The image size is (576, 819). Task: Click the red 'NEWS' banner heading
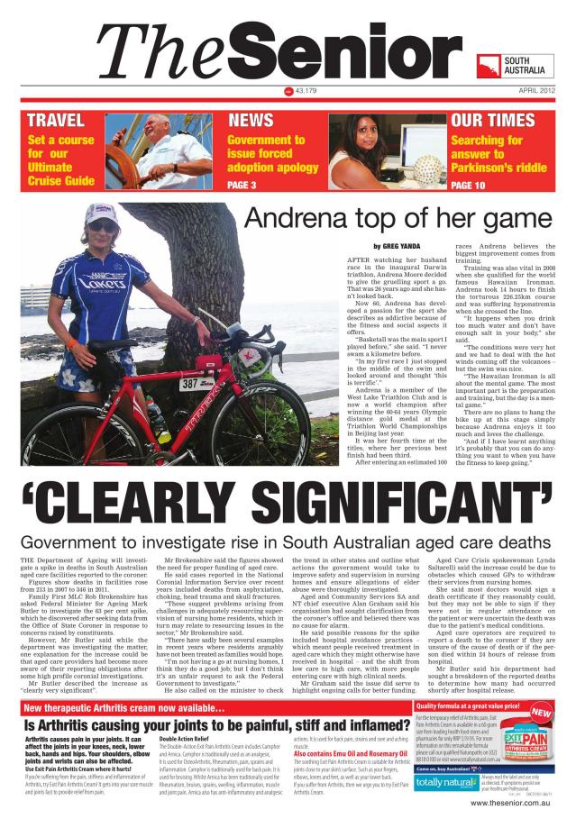(251, 121)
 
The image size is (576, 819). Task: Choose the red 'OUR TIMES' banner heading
(492, 121)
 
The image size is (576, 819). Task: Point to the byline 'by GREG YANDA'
(398, 246)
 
